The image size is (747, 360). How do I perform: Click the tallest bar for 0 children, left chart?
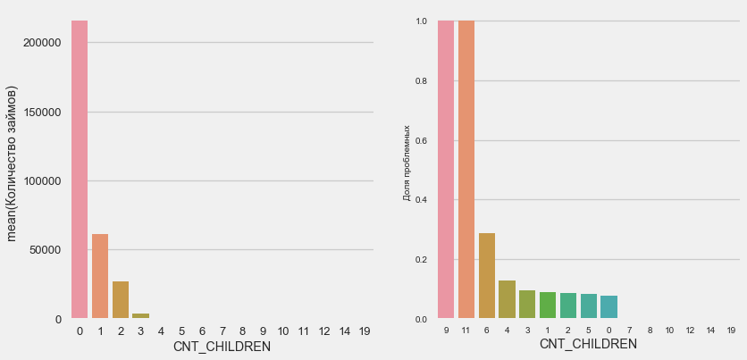click(80, 170)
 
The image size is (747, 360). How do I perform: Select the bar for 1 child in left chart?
click(100, 276)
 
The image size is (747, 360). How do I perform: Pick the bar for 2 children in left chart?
click(121, 300)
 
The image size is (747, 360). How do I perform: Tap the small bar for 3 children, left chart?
click(140, 315)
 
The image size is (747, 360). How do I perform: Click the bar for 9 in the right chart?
click(446, 170)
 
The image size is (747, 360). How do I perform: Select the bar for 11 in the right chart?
click(466, 170)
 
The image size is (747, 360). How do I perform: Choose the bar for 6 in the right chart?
click(487, 276)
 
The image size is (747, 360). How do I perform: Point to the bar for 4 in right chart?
click(507, 300)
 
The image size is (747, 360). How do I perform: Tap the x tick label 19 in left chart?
click(365, 331)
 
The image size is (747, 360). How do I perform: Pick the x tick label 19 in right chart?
click(731, 331)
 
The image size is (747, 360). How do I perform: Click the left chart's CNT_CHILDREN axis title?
click(222, 347)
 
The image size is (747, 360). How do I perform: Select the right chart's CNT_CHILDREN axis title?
click(588, 345)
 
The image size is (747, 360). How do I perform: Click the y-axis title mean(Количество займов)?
click(13, 163)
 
